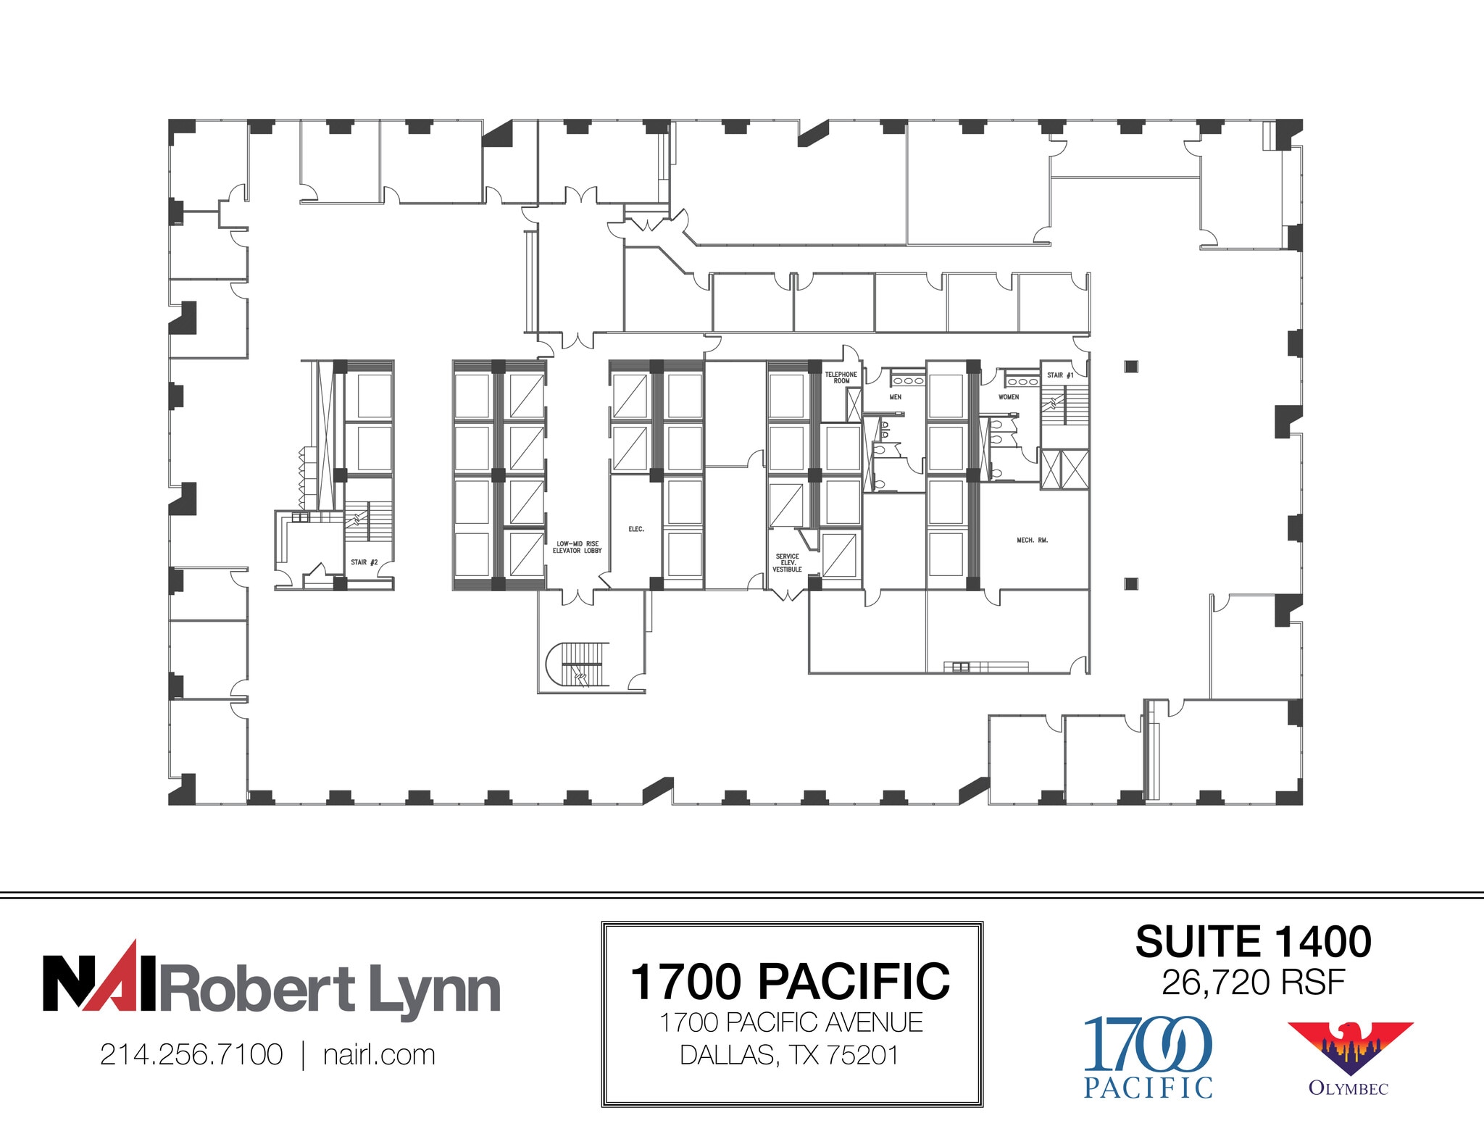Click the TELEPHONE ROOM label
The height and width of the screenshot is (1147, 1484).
tap(841, 378)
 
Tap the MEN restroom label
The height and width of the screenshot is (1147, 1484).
tap(895, 397)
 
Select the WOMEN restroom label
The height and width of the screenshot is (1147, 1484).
tap(1008, 397)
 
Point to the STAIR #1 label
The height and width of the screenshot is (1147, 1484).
tap(1059, 375)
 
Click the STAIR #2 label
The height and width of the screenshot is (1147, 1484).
tap(364, 562)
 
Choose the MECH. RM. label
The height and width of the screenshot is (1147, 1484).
tap(1032, 541)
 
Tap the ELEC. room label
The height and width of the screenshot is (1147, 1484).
tap(635, 530)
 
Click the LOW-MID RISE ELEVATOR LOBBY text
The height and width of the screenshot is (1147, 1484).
tap(577, 547)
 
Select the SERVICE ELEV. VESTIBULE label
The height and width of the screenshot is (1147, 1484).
tap(787, 563)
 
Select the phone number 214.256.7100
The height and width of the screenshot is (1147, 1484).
tap(191, 1055)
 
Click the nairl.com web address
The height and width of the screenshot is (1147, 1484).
tap(379, 1055)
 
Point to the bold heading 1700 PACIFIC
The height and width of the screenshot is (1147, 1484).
tap(791, 982)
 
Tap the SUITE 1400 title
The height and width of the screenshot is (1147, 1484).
tap(1253, 942)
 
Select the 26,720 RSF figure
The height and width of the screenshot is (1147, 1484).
tap(1253, 983)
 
